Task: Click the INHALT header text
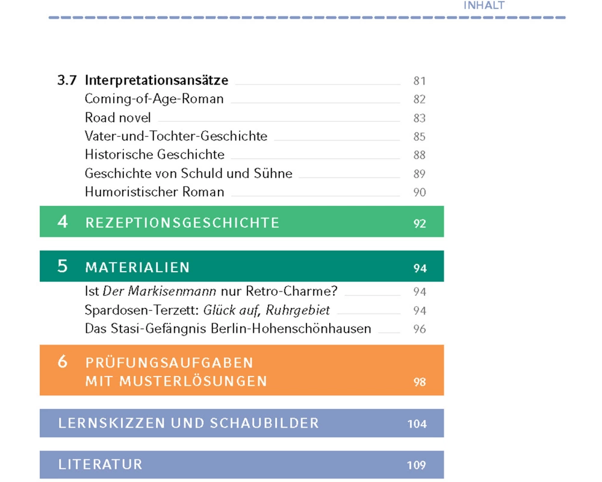coord(483,5)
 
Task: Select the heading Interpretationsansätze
coord(157,80)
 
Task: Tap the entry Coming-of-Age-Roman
coord(154,99)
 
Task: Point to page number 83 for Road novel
coord(419,118)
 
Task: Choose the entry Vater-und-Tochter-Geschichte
coord(176,136)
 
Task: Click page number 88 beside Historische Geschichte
coord(419,155)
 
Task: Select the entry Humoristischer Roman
coord(154,192)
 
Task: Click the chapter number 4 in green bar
coord(63,222)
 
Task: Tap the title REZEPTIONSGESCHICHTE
coord(182,223)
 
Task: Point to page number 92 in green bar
coord(420,224)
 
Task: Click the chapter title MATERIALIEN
coord(137,268)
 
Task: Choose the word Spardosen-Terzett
coord(142,310)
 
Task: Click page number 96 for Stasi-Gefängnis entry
coord(420,329)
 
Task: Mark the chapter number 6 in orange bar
coord(63,362)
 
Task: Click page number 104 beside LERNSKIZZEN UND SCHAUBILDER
coord(417,424)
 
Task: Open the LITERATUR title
coord(101,465)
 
